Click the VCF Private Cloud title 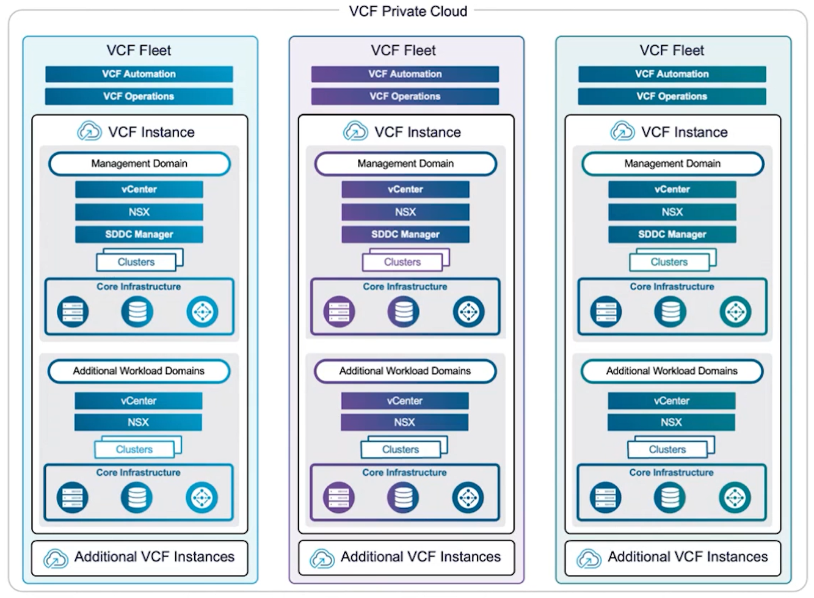[408, 11]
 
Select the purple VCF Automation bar [405, 74]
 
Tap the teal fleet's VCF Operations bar [672, 97]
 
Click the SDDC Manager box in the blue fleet [139, 235]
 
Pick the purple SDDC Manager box [405, 235]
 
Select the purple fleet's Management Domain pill [405, 164]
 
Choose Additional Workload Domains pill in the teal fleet [672, 371]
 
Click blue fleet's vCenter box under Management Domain [139, 189]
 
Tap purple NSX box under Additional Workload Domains [404, 422]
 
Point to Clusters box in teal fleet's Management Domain [669, 262]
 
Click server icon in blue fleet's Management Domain [73, 312]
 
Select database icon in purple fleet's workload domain [403, 497]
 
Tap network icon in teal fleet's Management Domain [735, 312]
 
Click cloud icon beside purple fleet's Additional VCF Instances [322, 558]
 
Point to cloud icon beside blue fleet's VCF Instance [89, 131]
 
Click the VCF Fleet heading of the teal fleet [672, 50]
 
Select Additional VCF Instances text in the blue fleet [154, 557]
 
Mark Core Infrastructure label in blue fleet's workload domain [138, 473]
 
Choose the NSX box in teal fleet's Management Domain [672, 212]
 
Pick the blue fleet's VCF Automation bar [139, 74]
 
